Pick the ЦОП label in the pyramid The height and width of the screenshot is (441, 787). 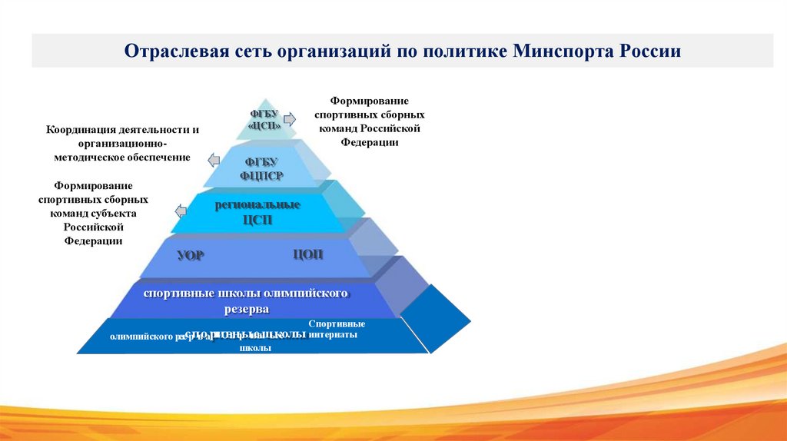[307, 255]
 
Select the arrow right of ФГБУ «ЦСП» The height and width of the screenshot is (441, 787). [290, 119]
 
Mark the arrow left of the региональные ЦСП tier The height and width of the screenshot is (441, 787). [181, 211]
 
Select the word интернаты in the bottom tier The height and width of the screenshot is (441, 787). [337, 335]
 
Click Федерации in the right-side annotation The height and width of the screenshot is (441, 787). [371, 142]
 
